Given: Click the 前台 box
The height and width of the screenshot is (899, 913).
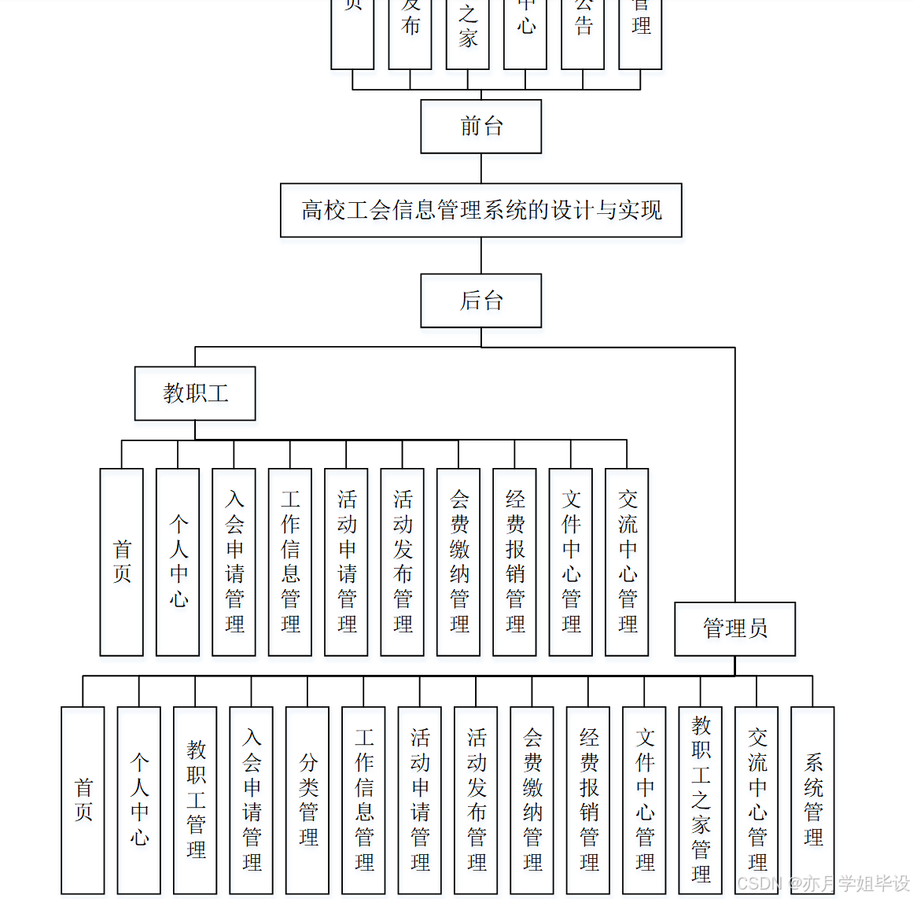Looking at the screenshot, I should click(480, 126).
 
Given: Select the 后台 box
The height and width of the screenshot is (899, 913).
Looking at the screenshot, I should click(480, 300).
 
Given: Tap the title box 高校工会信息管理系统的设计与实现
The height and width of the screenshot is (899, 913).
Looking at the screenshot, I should click(480, 210).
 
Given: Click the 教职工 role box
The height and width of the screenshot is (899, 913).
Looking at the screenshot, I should click(195, 393).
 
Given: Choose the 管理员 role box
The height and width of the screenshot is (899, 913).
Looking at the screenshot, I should click(734, 628).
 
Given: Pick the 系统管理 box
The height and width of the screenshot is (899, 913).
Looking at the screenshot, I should click(812, 799).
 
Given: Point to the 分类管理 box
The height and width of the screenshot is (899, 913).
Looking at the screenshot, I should click(307, 799).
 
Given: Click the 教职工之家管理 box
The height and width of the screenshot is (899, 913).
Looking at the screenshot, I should click(700, 799).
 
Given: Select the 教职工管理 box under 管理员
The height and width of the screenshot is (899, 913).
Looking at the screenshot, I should click(195, 799).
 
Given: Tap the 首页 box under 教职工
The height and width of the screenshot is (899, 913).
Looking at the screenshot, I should click(122, 562).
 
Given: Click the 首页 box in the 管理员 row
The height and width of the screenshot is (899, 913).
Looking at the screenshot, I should click(83, 799).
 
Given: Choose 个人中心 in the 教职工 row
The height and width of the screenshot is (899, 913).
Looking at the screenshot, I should click(178, 562).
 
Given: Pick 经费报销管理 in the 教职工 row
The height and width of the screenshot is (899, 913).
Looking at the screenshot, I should click(514, 562).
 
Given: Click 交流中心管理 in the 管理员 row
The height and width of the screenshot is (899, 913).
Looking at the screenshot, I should click(757, 799).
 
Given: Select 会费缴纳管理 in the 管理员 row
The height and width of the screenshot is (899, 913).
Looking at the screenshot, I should click(532, 799).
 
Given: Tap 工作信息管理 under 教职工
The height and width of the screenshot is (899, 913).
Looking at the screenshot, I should click(290, 562).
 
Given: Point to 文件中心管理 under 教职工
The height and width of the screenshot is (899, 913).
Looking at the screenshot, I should click(571, 562).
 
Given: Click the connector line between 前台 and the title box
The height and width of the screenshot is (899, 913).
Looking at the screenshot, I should click(480, 168).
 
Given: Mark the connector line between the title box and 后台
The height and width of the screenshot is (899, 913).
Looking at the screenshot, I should click(480, 256).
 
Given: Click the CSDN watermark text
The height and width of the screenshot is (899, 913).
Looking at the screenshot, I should click(823, 884).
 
